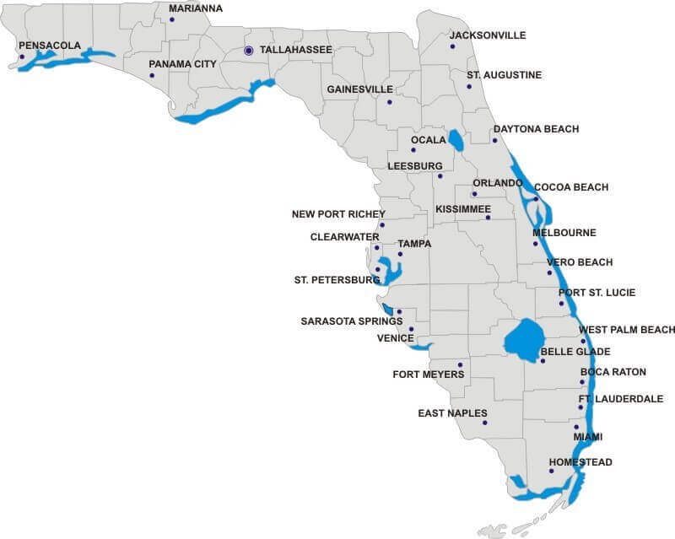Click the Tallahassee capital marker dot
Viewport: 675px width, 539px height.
(x=249, y=51)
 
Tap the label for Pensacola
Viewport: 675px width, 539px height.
(x=49, y=45)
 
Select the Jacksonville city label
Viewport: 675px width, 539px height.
(x=488, y=35)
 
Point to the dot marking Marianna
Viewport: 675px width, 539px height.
(x=172, y=19)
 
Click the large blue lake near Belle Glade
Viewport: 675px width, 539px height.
(x=523, y=339)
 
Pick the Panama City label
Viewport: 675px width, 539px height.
(x=183, y=63)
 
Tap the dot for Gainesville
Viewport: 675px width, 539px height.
(x=390, y=103)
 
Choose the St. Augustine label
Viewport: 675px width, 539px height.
(x=505, y=75)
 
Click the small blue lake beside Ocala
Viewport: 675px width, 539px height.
(x=456, y=139)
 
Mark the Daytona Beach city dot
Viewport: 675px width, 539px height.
(x=495, y=140)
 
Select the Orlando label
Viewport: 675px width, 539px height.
(x=498, y=183)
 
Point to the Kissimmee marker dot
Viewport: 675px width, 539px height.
(x=488, y=218)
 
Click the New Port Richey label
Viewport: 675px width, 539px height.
(x=338, y=214)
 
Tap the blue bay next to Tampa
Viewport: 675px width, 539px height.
(x=389, y=269)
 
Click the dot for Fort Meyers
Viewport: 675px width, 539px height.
(x=460, y=365)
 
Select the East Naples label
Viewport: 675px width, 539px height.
(x=452, y=413)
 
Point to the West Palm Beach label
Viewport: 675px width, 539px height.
(x=626, y=330)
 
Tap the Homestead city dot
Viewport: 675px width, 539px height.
(x=551, y=471)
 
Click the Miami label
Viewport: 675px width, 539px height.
(x=588, y=437)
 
